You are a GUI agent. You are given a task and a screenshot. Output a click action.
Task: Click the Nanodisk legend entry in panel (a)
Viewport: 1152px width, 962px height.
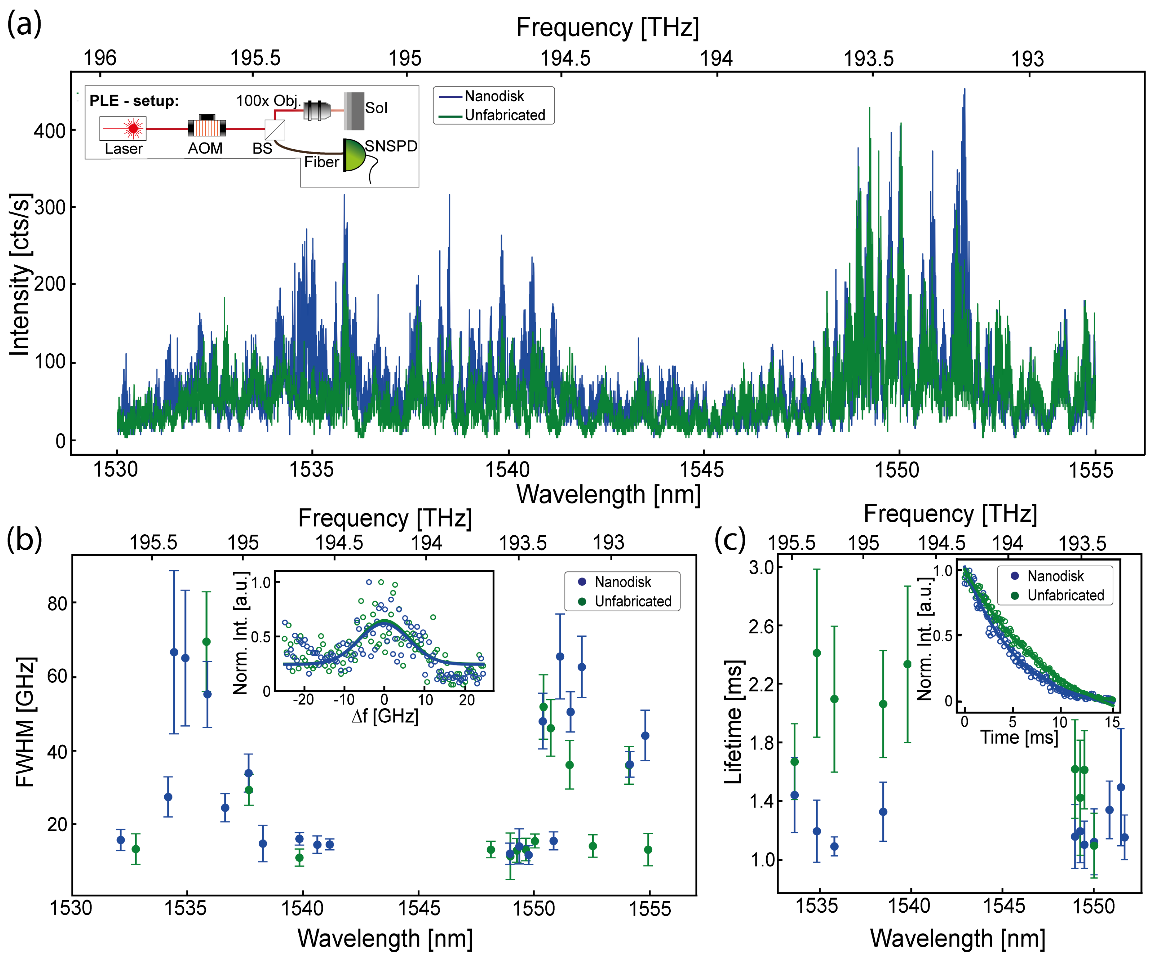point(494,96)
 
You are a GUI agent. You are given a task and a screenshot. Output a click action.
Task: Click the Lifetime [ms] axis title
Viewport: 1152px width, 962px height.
point(733,722)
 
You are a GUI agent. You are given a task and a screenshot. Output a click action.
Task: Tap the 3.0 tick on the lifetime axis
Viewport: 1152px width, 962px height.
point(762,567)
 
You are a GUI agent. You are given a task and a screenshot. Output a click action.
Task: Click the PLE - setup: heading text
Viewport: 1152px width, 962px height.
point(134,101)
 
